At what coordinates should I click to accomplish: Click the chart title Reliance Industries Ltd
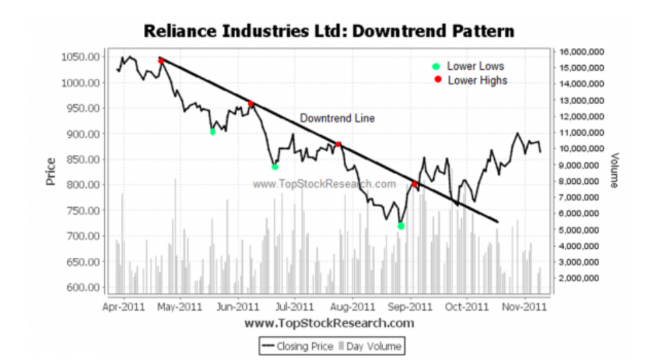[x=328, y=31]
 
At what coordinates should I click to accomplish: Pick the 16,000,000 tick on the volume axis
[x=581, y=52]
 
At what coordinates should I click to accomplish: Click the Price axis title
[x=51, y=171]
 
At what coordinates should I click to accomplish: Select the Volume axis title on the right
[x=614, y=170]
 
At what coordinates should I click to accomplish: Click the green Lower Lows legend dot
[x=436, y=67]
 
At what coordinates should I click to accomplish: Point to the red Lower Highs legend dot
[x=436, y=81]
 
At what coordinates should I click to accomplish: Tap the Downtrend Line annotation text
[x=337, y=118]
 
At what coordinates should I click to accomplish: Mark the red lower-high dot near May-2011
[x=161, y=61]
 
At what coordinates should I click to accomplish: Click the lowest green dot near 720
[x=401, y=226]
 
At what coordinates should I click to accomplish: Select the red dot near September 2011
[x=414, y=184]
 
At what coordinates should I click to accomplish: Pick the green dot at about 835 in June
[x=275, y=167]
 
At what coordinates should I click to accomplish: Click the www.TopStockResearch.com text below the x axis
[x=329, y=323]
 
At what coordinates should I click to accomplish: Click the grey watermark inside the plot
[x=324, y=184]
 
